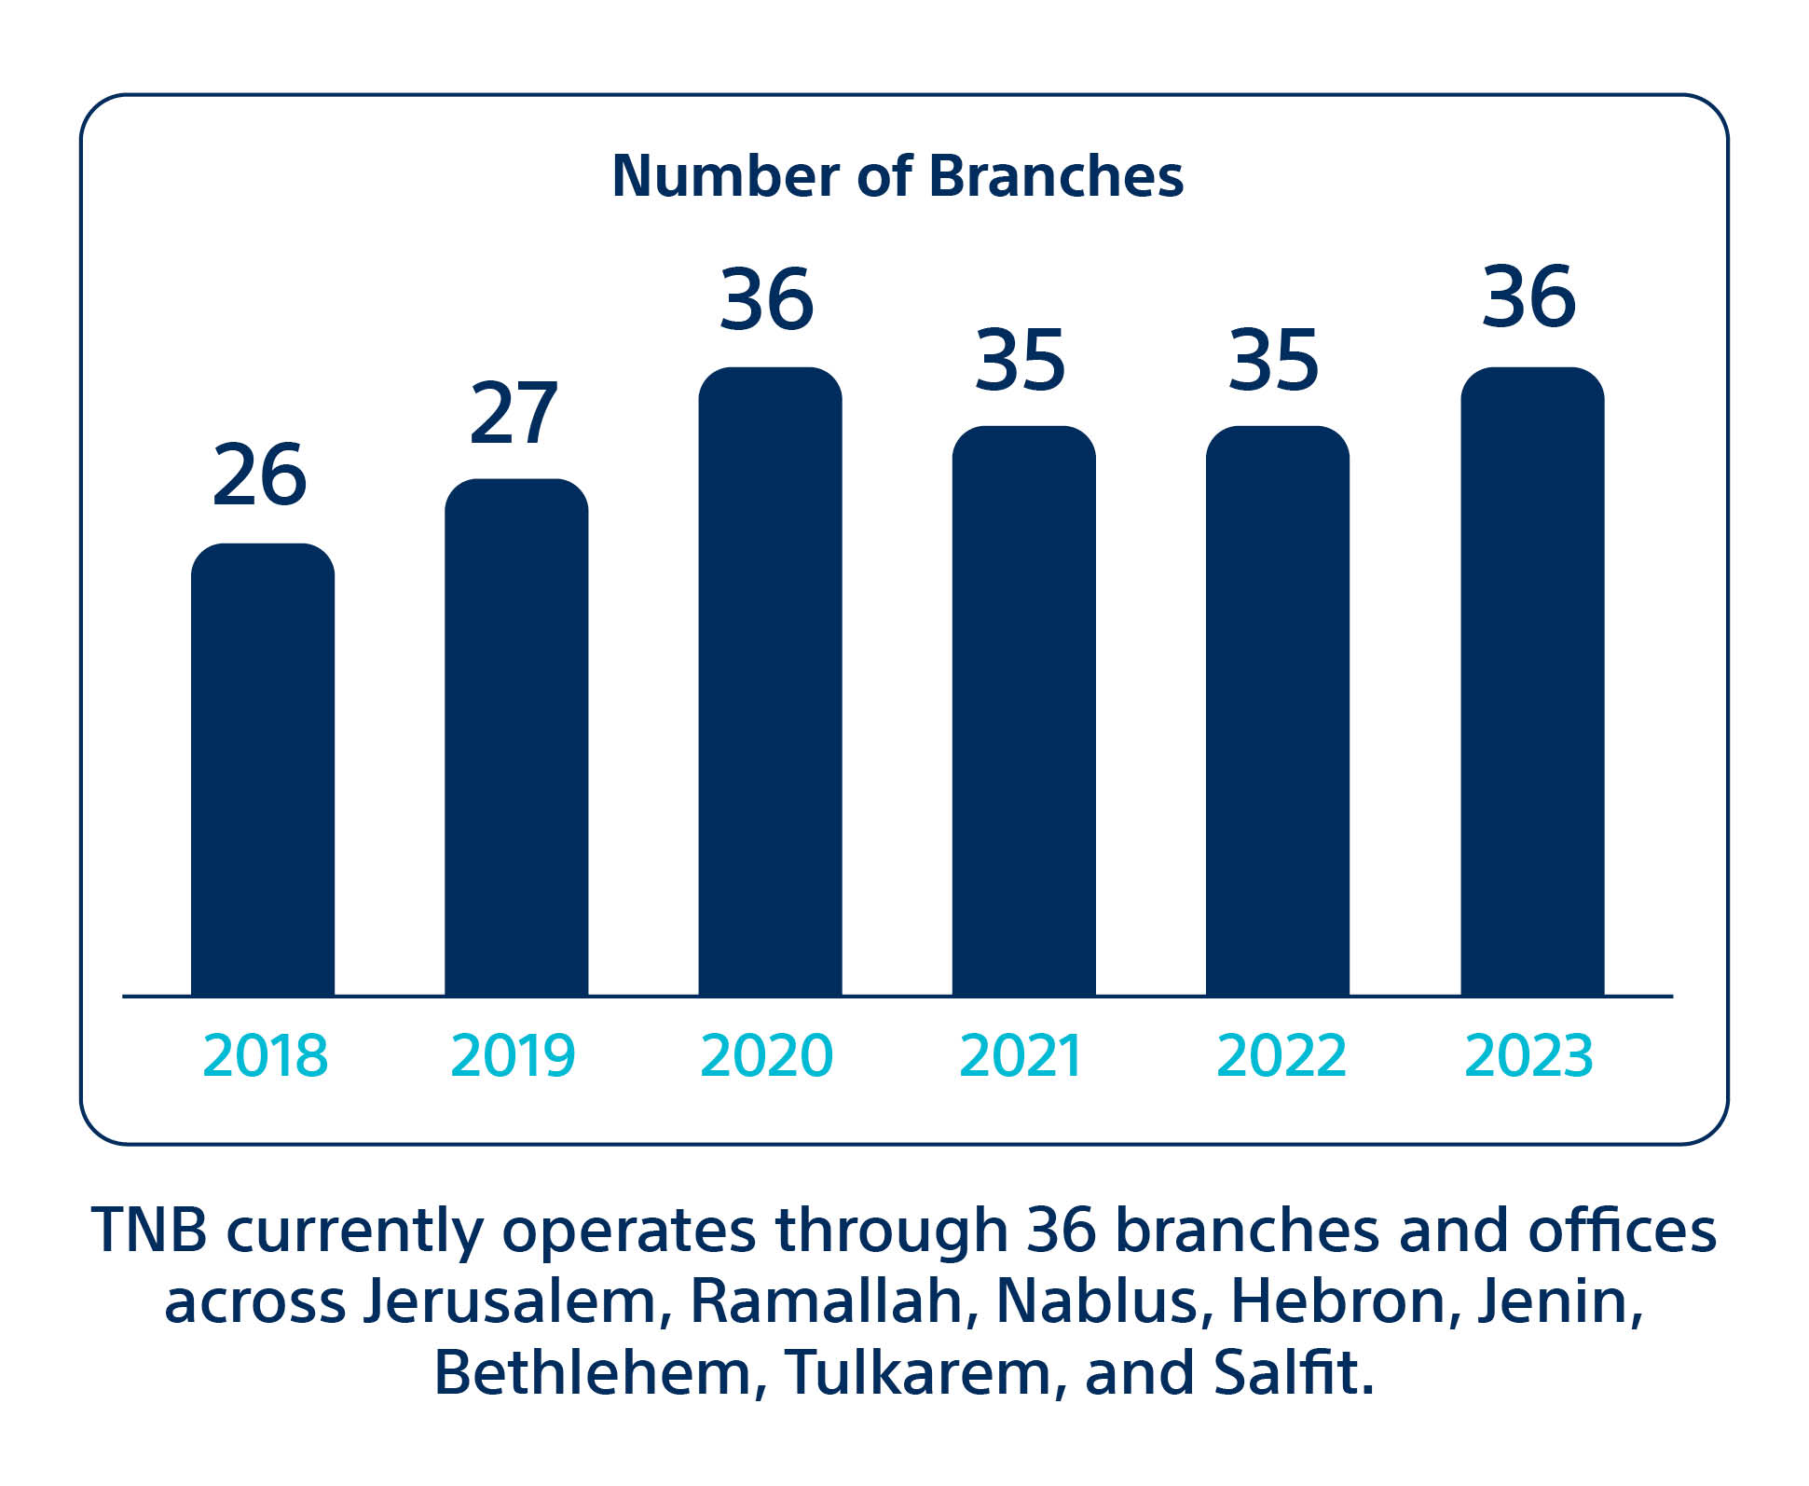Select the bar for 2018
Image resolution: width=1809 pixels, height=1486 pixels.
coord(263,770)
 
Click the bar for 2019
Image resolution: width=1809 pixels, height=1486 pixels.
coord(516,737)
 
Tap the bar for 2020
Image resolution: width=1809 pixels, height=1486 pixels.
coord(770,681)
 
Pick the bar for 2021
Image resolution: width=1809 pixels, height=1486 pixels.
coord(1023,711)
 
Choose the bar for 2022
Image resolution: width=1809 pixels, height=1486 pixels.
coord(1277,711)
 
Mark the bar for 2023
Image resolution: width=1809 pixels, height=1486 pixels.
coord(1532,681)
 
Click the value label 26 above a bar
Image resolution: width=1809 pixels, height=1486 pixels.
coord(259,475)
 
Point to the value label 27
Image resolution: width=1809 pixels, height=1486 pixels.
coord(514,413)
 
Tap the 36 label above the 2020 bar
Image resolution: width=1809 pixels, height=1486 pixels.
coord(767,299)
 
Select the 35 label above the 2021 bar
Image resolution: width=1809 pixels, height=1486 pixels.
coord(1021,360)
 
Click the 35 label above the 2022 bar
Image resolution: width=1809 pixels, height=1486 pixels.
coord(1274,360)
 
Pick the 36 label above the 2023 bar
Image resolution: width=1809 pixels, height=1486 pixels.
coord(1529,297)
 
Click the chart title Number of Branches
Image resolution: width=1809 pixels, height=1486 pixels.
coord(898,175)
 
